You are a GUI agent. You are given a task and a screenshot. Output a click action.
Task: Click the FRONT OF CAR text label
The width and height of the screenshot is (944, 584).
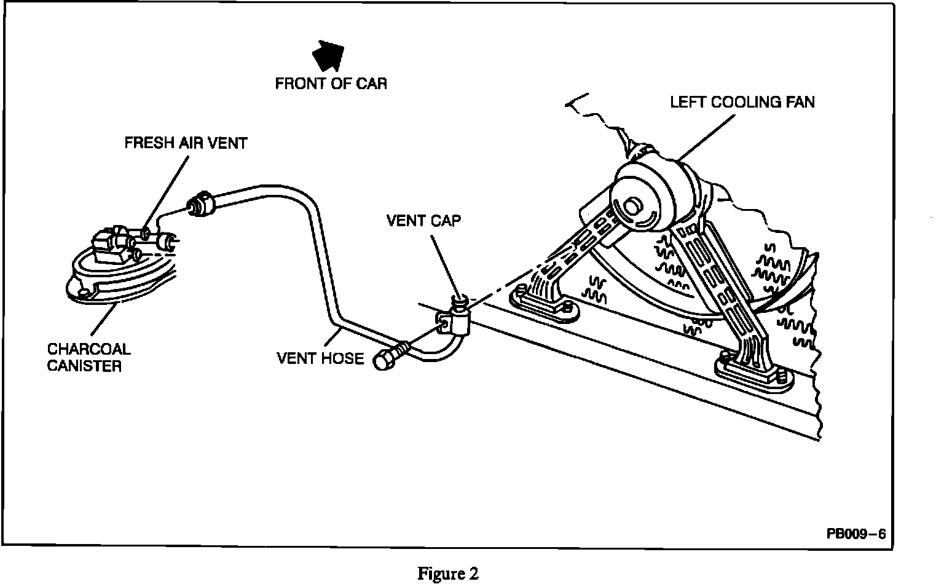click(x=331, y=84)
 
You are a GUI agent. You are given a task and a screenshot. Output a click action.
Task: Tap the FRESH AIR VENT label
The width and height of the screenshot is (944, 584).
click(x=186, y=143)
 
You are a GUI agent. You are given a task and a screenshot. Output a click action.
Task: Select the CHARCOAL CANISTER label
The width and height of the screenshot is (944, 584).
click(x=89, y=358)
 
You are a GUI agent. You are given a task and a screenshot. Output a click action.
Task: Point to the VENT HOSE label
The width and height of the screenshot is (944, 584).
click(x=320, y=358)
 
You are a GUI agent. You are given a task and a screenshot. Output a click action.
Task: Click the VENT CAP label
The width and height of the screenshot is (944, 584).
click(x=423, y=221)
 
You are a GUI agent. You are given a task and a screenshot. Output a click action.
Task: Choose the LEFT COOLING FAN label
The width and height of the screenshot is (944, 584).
click(x=742, y=102)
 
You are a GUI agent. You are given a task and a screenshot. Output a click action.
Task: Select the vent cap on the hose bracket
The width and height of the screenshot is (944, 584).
click(x=459, y=301)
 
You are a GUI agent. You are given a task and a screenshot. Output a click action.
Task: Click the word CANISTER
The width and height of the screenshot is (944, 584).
click(x=84, y=366)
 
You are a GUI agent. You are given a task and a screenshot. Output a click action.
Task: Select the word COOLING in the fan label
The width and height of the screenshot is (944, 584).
click(x=743, y=102)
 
